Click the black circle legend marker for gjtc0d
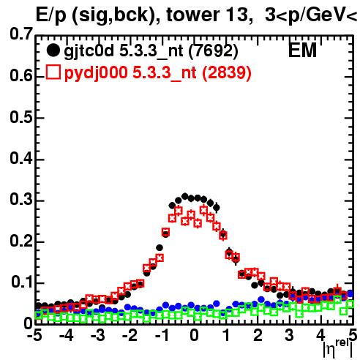pos(53,50)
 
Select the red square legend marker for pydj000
pos(53,72)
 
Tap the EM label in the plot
pos(302,50)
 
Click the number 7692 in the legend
pos(213,50)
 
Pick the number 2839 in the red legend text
pos(227,72)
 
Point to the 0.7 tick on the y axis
pos(21,34)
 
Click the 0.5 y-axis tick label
pos(21,117)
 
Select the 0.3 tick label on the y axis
pos(21,200)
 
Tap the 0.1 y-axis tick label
pos(22,282)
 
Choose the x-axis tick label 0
pos(194,335)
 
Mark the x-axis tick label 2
pos(258,335)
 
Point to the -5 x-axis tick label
pos(34,335)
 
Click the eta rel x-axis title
pos(338,348)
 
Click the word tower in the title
pos(192,15)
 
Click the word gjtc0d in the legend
pos(89,51)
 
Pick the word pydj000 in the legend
pos(96,73)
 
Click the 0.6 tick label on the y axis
pos(21,76)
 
